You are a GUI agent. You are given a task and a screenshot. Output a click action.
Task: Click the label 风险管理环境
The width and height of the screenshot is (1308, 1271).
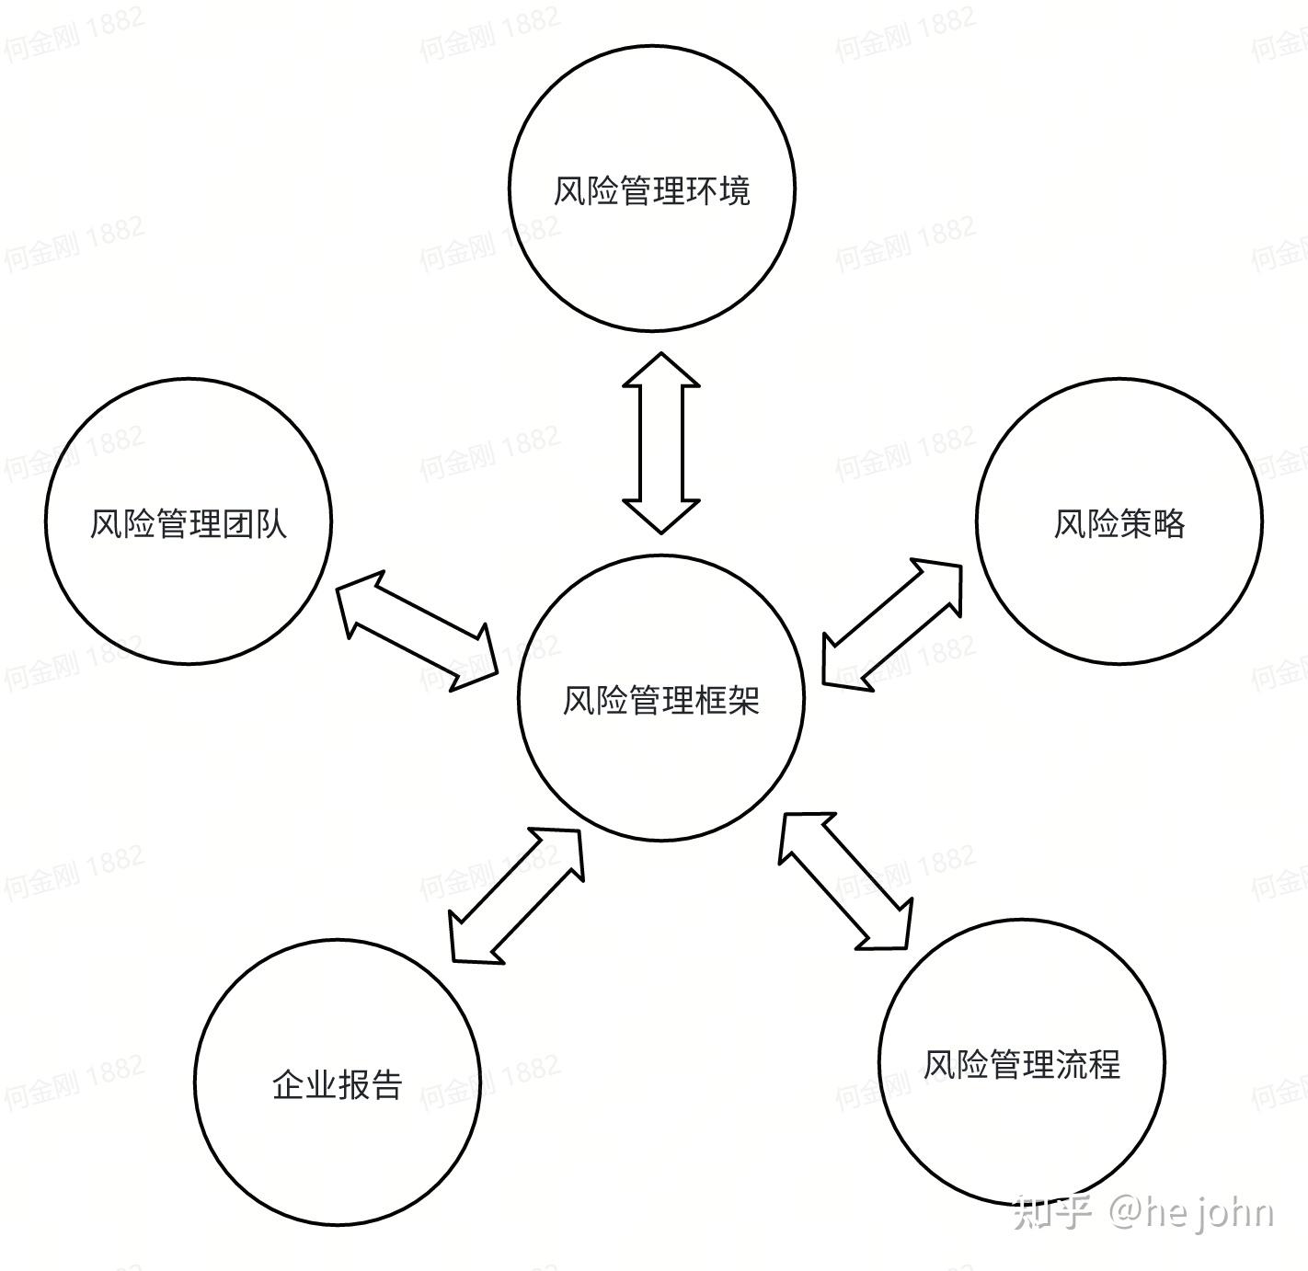(x=651, y=190)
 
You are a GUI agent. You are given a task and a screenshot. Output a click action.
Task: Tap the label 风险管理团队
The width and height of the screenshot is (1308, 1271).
(x=189, y=523)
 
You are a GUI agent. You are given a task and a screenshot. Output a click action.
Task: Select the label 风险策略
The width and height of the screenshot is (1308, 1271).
(x=1119, y=523)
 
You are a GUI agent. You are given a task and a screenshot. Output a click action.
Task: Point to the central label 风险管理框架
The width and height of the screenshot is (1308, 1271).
(x=660, y=701)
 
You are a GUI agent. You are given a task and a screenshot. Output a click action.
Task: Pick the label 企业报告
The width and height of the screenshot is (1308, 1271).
(x=338, y=1084)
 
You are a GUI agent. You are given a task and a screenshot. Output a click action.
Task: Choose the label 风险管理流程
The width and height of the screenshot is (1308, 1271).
(x=1022, y=1064)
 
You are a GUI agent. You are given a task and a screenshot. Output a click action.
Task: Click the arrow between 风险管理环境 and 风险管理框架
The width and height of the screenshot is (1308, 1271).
(x=661, y=442)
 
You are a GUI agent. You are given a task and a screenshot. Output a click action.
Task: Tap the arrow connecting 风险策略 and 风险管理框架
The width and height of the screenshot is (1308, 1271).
(x=891, y=623)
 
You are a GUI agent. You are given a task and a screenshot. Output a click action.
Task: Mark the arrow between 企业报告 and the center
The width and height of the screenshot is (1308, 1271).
(x=516, y=896)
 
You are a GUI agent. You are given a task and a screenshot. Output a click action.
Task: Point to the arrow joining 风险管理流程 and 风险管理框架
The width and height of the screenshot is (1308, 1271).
(x=845, y=879)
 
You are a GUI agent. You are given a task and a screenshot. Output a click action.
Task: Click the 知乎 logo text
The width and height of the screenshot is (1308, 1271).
(x=1051, y=1212)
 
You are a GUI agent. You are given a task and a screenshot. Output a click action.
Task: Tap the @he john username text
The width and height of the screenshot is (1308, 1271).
(x=1192, y=1212)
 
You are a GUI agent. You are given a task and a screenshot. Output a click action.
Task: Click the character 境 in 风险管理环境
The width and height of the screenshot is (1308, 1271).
(x=734, y=190)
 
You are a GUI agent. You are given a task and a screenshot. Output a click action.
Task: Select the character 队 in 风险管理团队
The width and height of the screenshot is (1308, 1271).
(x=271, y=523)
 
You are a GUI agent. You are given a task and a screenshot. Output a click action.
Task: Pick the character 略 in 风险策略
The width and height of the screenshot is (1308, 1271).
(x=1168, y=523)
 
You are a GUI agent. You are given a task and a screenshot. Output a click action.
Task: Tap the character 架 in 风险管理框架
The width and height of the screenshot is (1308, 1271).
(x=743, y=701)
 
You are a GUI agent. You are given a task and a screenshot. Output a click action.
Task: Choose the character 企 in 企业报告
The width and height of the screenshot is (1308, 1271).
(x=288, y=1084)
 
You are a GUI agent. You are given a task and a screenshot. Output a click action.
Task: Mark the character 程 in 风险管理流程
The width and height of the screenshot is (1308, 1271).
(x=1105, y=1064)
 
